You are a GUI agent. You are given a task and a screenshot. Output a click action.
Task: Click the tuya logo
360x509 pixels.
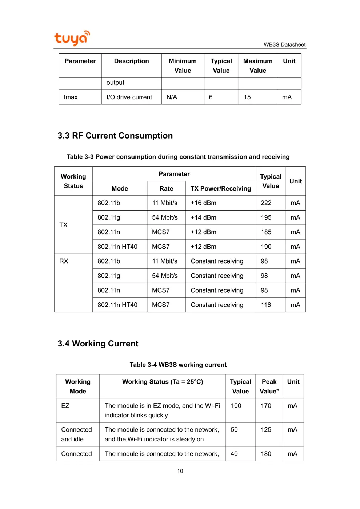point(72,38)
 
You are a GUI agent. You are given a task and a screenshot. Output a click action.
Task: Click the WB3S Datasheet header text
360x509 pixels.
point(284,44)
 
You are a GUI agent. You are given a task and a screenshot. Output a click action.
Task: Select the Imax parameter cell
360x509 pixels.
point(71,97)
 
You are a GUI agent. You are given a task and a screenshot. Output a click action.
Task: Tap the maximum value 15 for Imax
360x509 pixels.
point(247,97)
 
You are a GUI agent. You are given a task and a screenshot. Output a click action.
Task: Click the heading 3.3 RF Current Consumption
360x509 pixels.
point(115,136)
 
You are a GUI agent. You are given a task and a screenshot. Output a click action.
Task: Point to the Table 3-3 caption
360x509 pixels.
point(178,157)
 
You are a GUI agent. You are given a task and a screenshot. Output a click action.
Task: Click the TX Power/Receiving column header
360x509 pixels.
point(220,188)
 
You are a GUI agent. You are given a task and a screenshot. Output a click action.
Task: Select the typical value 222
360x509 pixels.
point(266,203)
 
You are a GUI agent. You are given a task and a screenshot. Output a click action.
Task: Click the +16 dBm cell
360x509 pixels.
point(203,203)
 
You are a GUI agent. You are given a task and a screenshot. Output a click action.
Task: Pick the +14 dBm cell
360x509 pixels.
point(203,217)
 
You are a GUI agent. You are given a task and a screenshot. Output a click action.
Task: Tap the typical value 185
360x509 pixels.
point(266,232)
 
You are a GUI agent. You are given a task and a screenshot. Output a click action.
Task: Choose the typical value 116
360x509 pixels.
point(266,305)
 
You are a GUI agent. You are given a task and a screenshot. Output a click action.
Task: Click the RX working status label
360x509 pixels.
point(64,261)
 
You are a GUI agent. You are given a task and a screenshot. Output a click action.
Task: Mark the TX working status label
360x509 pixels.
point(63,225)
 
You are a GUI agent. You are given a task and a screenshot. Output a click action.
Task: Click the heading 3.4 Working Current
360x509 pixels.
point(98,344)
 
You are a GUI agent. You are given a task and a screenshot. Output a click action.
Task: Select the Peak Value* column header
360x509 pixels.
point(269,386)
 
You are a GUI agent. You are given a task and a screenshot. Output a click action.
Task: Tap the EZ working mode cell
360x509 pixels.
point(65,406)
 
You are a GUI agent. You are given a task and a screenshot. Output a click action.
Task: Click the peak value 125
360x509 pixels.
point(266,430)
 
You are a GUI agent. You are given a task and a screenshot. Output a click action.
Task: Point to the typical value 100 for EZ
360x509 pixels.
point(236,406)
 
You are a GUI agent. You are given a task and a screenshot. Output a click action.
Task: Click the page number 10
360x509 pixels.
point(180,471)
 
